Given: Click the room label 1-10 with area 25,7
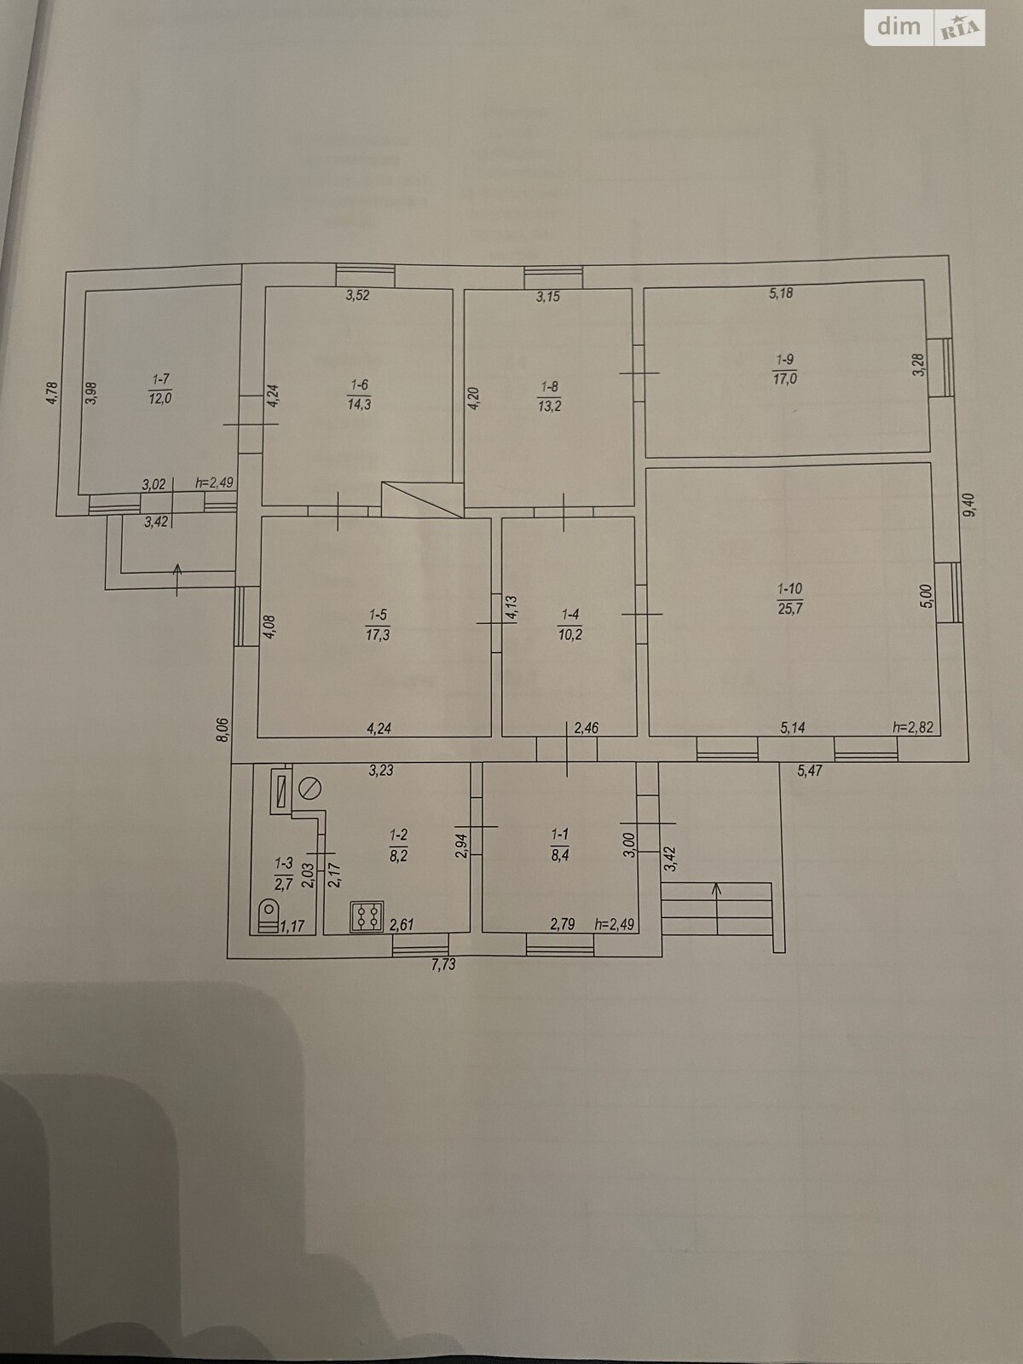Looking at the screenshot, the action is click(x=790, y=598).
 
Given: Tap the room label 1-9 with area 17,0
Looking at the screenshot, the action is click(x=784, y=370).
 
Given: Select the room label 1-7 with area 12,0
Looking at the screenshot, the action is click(x=160, y=389).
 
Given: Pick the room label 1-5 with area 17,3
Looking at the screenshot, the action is click(x=378, y=625).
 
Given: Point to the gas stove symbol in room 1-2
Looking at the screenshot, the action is click(x=367, y=916).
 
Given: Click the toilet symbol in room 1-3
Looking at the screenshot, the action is click(x=269, y=916).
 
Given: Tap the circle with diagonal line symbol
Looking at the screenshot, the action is click(x=309, y=789).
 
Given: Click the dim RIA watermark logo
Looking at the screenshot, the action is click(x=924, y=27).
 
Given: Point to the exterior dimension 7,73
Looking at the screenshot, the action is click(x=443, y=965).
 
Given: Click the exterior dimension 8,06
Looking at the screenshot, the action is click(x=224, y=729).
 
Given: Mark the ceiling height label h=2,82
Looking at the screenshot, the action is click(x=912, y=727).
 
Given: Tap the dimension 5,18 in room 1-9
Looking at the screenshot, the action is click(x=781, y=292).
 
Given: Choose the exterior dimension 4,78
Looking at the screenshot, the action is click(x=53, y=393).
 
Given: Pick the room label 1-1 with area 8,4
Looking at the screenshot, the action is click(x=559, y=845).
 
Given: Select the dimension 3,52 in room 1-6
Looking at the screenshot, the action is click(x=357, y=296).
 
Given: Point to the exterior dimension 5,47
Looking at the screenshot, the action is click(x=810, y=772).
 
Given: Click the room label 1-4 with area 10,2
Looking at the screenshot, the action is click(x=570, y=625).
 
